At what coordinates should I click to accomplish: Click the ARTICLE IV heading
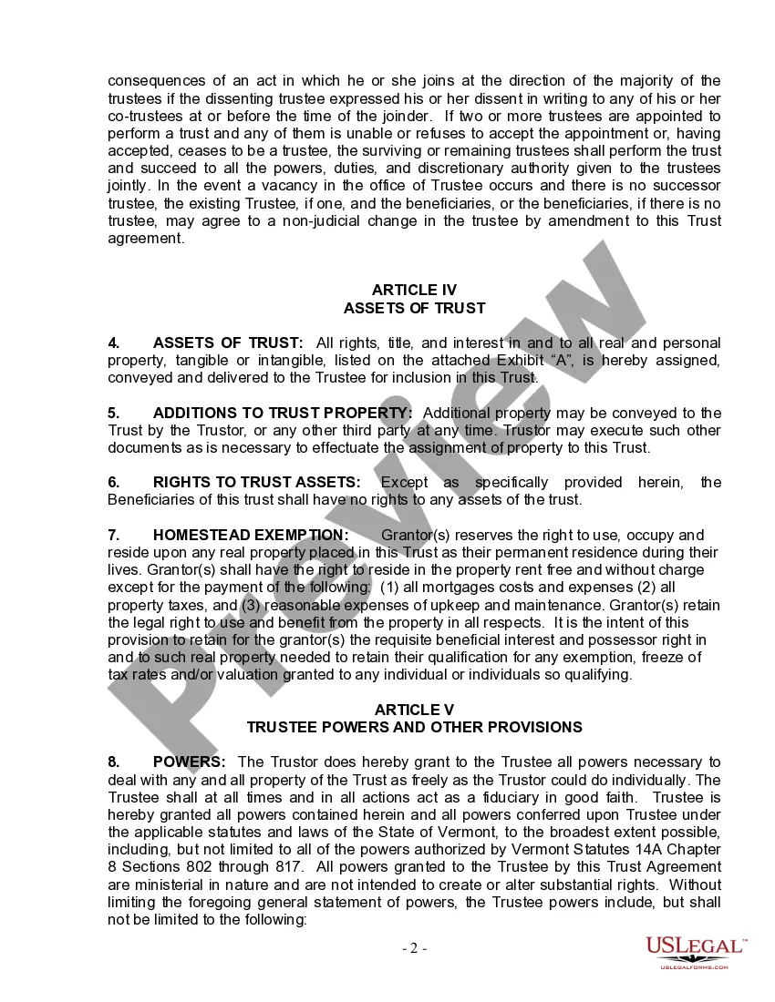[414, 291]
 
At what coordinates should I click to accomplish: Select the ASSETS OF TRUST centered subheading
[414, 308]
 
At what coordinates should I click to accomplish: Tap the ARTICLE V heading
[414, 710]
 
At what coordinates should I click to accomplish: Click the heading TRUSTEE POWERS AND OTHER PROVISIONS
[414, 727]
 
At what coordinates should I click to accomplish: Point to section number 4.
[114, 343]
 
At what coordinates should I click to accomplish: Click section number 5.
[114, 413]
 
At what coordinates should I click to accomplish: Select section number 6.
[114, 482]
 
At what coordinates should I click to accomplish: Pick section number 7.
[114, 535]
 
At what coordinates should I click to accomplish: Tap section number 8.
[114, 762]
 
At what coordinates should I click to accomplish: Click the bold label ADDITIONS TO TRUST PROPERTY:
[283, 413]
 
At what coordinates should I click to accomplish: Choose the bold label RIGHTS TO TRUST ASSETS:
[256, 482]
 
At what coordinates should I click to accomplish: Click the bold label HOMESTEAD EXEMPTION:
[251, 535]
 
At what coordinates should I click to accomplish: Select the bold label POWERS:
[190, 762]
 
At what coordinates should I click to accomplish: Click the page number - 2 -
[415, 948]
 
